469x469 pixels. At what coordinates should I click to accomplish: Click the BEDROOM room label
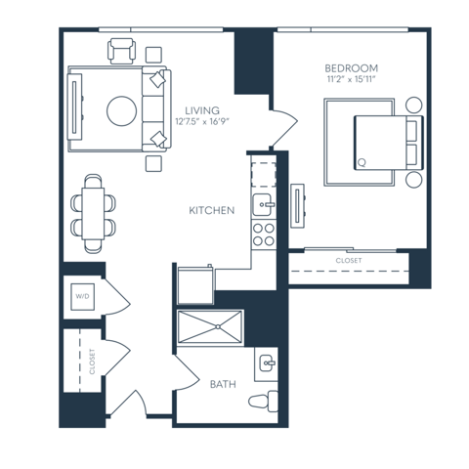[x=347, y=67]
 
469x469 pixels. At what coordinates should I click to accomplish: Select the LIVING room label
[x=202, y=110]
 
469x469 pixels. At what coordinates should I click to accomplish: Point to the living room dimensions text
[x=202, y=122]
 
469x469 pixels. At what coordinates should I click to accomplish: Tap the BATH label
[x=223, y=384]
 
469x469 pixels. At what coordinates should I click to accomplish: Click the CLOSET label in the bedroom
[x=348, y=261]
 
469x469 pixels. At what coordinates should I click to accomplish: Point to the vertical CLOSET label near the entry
[x=92, y=362]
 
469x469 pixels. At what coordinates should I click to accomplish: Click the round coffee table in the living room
[x=122, y=110]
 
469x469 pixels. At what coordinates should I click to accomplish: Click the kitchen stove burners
[x=262, y=233]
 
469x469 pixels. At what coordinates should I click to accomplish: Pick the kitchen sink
[x=262, y=203]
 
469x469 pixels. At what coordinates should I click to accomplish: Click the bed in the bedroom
[x=376, y=143]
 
